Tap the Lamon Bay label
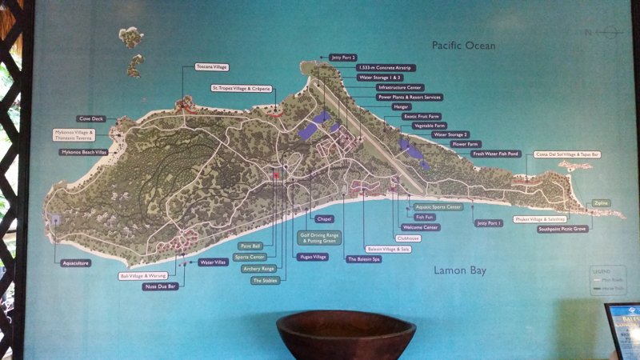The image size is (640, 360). click(x=460, y=270)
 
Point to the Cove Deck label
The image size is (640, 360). click(x=92, y=118)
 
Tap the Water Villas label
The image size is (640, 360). click(x=213, y=262)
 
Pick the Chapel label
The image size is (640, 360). click(x=324, y=218)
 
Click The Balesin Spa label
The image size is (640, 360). click(x=363, y=259)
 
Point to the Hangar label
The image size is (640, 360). click(x=401, y=106)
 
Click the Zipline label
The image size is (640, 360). click(x=600, y=203)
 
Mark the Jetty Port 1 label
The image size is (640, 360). click(x=487, y=223)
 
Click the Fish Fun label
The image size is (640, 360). click(x=424, y=217)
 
